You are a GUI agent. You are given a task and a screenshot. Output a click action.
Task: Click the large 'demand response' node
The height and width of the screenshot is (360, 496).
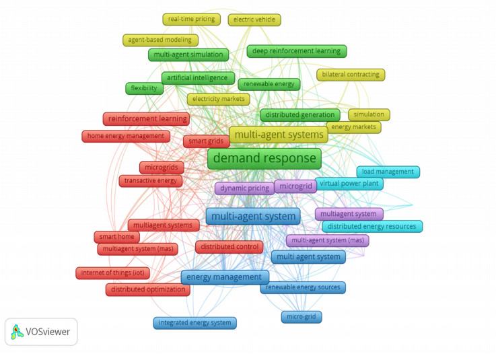pos(264,159)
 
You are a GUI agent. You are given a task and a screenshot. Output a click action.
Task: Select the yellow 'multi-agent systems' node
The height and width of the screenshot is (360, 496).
pos(278,135)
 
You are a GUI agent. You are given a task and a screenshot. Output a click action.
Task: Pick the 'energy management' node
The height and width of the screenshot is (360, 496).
pos(225,277)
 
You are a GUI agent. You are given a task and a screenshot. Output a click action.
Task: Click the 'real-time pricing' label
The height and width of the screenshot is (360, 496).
pos(191,20)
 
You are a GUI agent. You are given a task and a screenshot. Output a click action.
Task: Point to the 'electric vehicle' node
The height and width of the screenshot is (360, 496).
pos(254,20)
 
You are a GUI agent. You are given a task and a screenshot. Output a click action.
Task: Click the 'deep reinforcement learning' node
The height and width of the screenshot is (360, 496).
pos(296,51)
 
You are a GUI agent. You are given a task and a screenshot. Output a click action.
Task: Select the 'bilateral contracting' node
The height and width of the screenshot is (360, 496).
pos(351,75)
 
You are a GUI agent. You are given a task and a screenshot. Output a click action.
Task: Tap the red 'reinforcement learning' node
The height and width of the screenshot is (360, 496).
pos(146,119)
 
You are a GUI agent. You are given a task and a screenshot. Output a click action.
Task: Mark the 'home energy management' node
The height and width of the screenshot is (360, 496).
pos(125,136)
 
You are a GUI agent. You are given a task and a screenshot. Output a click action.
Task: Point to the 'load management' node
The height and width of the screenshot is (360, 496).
pos(387,172)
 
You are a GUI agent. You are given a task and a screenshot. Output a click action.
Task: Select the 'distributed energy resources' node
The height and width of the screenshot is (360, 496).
pos(371,227)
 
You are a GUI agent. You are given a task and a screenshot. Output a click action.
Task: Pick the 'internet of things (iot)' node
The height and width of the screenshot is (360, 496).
pos(112,273)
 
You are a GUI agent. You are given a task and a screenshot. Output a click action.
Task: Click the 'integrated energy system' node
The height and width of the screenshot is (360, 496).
pos(194,323)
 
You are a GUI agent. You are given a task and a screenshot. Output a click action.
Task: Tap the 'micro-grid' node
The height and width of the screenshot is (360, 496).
pos(302,316)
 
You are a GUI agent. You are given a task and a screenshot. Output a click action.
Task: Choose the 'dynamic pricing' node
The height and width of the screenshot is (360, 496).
pos(244,188)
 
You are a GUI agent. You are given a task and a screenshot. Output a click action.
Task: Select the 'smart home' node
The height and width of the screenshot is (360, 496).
pos(116,237)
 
